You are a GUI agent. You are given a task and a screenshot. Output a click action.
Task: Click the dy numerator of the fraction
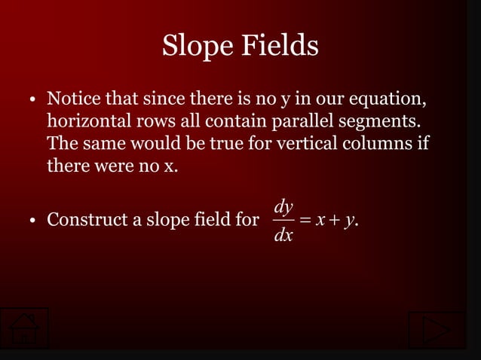(284, 205)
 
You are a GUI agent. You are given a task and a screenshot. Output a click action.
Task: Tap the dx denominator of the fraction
(284, 236)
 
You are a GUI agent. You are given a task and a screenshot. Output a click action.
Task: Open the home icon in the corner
(24, 329)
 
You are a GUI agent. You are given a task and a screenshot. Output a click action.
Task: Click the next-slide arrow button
(437, 330)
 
